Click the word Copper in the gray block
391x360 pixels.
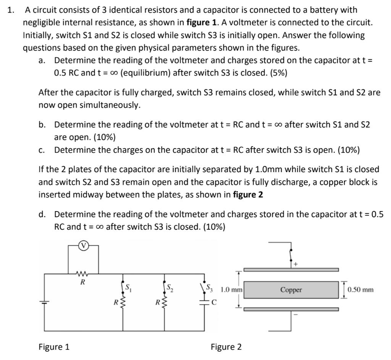point(291,290)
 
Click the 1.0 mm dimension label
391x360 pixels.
point(231,290)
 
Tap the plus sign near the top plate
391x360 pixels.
point(296,264)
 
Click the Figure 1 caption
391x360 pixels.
point(54,347)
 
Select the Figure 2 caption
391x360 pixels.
point(226,347)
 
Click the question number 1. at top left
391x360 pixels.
point(10,10)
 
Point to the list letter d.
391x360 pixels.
point(42,215)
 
